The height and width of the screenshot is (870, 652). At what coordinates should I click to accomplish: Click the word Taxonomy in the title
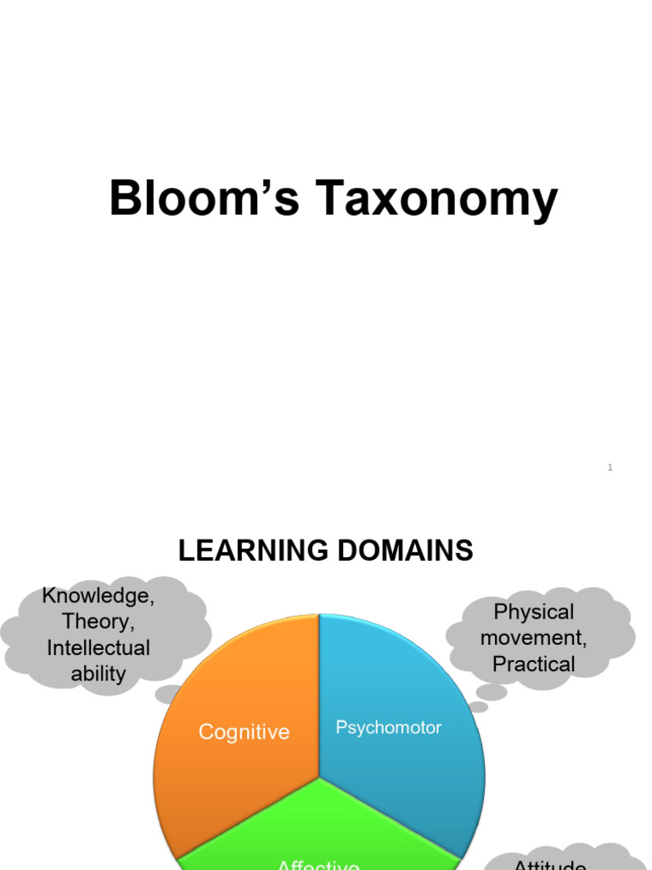(x=439, y=201)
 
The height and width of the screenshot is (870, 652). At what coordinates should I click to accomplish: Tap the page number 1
(x=610, y=467)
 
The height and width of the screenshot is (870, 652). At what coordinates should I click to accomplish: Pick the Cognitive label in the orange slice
(x=244, y=732)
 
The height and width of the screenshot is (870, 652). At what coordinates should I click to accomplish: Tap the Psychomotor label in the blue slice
(x=389, y=727)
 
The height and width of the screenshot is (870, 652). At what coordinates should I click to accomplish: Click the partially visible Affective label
(x=318, y=864)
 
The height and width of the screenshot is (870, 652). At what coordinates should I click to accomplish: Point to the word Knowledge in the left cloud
(x=98, y=595)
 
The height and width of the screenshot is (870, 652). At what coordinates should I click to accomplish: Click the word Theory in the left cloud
(x=98, y=621)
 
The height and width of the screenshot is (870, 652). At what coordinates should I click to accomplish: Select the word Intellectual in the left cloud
(x=98, y=647)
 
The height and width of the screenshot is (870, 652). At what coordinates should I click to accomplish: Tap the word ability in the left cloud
(x=98, y=674)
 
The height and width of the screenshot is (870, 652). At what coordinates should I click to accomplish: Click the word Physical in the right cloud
(x=534, y=612)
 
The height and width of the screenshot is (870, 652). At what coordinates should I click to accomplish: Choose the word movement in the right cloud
(x=534, y=638)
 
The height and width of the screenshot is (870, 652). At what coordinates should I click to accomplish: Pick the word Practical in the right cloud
(x=534, y=664)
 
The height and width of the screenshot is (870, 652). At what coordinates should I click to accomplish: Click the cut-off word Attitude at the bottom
(x=550, y=864)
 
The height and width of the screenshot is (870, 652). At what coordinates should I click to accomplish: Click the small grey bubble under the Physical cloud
(x=490, y=693)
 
